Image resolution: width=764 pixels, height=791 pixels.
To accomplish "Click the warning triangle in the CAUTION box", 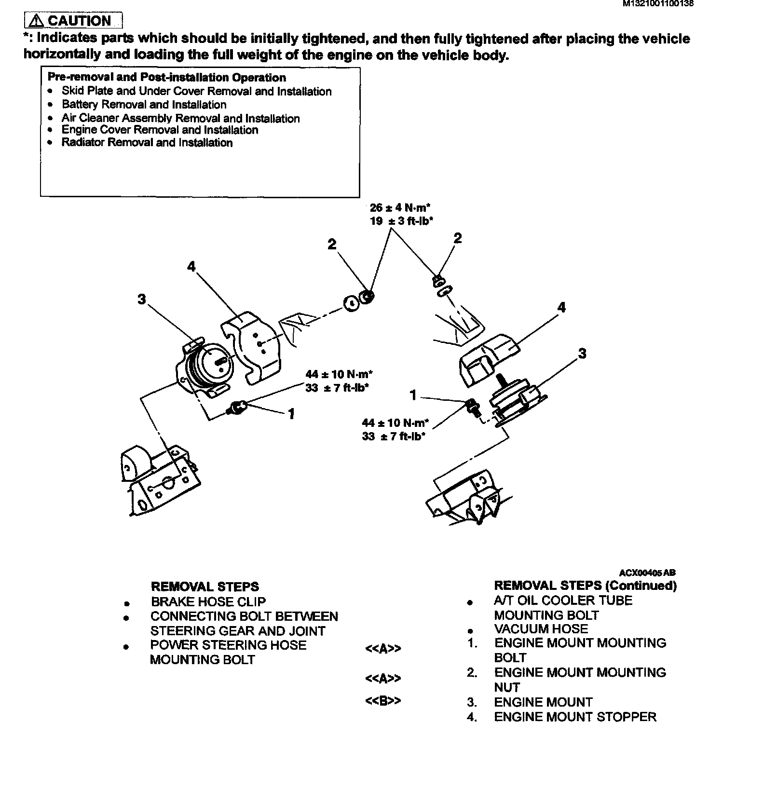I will point(36,21).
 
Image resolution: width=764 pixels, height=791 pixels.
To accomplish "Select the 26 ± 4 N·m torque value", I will point(400,208).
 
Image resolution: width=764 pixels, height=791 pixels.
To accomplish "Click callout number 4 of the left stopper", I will point(191,266).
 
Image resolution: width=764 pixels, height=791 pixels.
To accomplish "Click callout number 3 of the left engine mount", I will point(141,300).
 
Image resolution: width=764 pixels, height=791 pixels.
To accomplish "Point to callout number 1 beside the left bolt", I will point(291,414).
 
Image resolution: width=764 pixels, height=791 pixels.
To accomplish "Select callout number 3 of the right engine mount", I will point(582,354).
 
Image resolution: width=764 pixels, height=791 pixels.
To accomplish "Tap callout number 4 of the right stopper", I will point(561,307).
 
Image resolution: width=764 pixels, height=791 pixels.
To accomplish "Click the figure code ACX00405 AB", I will point(647,573).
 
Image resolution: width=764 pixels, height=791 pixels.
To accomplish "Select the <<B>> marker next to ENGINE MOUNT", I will point(383,700).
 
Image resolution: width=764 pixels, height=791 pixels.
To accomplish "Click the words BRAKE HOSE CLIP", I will point(208,602).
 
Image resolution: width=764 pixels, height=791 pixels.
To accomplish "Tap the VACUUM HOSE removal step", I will point(541,629).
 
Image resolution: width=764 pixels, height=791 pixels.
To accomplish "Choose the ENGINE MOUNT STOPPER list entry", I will point(575,717).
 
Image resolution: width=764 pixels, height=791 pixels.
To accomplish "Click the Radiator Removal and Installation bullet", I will point(147,143).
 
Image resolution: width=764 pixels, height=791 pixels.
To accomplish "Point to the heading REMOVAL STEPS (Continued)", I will point(585,586).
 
